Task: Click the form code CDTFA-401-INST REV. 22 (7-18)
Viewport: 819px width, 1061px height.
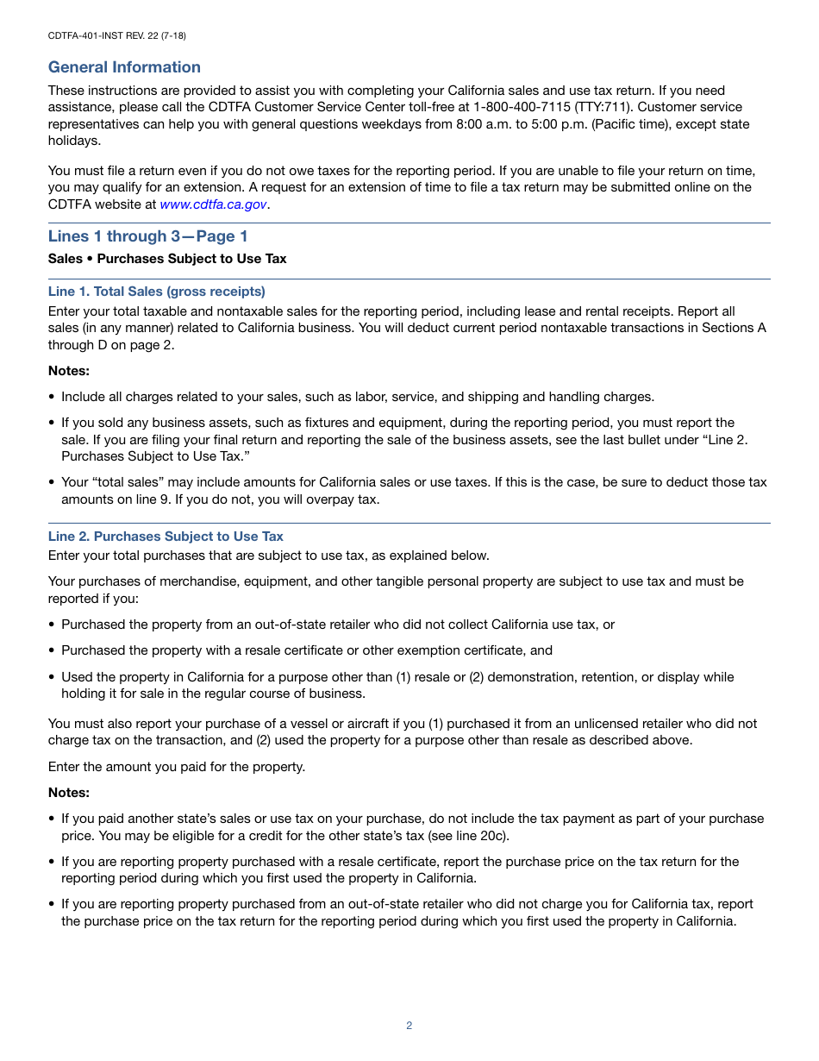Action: [x=116, y=35]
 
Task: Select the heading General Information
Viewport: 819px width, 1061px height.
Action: [x=124, y=67]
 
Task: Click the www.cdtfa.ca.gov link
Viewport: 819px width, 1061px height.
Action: [x=213, y=204]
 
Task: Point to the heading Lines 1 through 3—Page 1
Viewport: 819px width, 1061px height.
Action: [x=147, y=236]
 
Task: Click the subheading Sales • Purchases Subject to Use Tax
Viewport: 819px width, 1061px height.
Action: [x=166, y=259]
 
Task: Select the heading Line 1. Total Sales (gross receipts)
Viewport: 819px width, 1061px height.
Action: [x=156, y=292]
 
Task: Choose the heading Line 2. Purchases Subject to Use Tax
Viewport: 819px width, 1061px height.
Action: [x=166, y=537]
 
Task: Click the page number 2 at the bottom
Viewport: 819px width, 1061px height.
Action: [x=409, y=1026]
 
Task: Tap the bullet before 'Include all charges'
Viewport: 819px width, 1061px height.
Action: [x=52, y=398]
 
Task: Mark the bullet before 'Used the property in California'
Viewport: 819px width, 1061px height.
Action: [x=52, y=678]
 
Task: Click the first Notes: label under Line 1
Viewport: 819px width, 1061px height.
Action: [x=69, y=371]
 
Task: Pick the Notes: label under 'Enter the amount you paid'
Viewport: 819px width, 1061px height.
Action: [x=69, y=793]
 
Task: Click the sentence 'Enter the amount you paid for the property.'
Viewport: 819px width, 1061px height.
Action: [x=177, y=766]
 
